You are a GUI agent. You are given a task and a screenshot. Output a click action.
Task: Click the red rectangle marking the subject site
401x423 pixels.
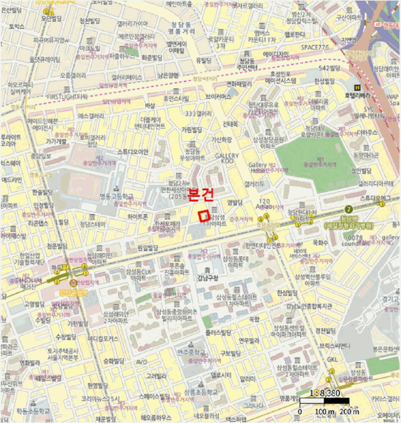tap(204, 215)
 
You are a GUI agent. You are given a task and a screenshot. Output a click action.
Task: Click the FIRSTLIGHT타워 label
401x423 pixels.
tap(66, 96)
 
